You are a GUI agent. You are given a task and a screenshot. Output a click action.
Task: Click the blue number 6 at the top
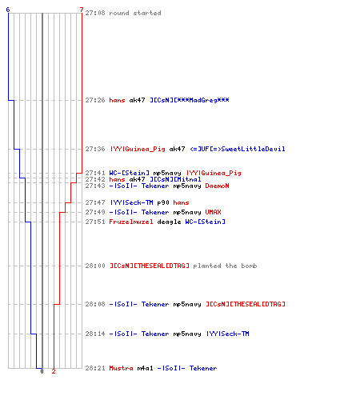pos(8,10)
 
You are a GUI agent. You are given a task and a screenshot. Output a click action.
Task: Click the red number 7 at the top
pos(82,10)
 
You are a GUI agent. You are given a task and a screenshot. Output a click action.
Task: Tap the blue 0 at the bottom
pos(42,371)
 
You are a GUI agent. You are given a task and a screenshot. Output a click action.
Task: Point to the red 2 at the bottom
pos(54,371)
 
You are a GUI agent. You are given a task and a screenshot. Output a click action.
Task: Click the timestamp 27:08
pos(95,13)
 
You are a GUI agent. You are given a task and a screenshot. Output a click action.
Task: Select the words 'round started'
pos(135,13)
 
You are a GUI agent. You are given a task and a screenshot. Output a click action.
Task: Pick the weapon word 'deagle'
pos(169,222)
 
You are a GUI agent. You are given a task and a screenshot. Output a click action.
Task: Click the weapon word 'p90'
pos(163,202)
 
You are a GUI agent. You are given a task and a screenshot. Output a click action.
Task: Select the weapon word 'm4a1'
pos(145,368)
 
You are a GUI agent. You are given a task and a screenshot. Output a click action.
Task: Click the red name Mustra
pos(121,368)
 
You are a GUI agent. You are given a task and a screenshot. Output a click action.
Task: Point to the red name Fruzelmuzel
pos(131,222)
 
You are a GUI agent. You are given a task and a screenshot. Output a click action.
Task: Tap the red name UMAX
pos(213,212)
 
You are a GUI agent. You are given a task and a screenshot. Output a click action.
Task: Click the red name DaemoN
pos(217,186)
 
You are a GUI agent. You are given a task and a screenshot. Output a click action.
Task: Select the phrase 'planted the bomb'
pos(225,266)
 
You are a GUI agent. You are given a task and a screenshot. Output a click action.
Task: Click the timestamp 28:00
pos(95,266)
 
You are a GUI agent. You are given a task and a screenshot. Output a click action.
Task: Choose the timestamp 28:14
pos(95,334)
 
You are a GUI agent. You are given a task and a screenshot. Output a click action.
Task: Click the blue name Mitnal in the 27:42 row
pos(189,179)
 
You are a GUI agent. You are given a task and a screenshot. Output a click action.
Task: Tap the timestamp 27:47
pos(95,202)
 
